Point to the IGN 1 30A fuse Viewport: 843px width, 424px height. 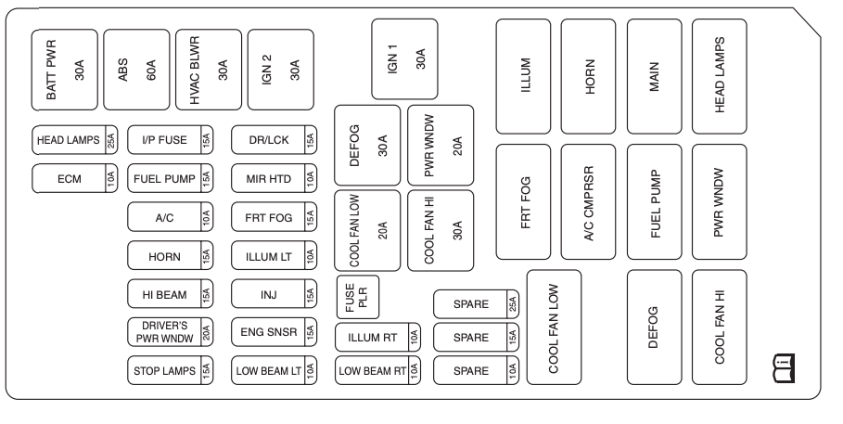click(x=405, y=58)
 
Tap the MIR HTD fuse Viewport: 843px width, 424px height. click(x=275, y=177)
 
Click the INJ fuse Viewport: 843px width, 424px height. click(x=275, y=294)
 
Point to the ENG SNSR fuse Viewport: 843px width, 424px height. click(x=275, y=332)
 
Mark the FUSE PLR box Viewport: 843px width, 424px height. click(x=357, y=296)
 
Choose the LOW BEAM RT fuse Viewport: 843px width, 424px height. click(x=378, y=370)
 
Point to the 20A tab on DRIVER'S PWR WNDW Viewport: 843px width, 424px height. click(x=207, y=332)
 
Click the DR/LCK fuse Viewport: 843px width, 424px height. click(x=275, y=141)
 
